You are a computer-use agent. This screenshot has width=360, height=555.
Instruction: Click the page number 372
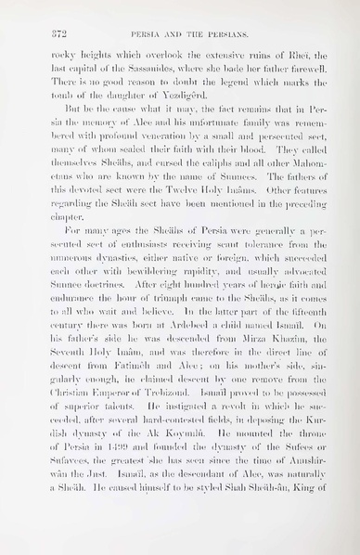click(39, 34)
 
